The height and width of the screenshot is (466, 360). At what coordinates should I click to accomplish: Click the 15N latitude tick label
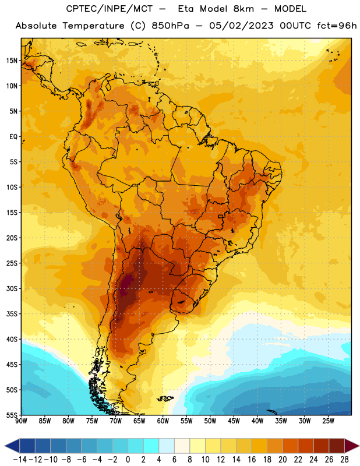(x=12, y=61)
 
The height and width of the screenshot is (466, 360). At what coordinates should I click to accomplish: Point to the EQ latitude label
(x=13, y=137)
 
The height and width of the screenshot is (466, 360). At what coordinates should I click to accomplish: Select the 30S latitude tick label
(x=12, y=288)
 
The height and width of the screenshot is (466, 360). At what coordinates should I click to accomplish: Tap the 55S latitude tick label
(x=12, y=415)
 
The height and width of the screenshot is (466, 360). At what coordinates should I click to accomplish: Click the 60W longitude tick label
(x=163, y=421)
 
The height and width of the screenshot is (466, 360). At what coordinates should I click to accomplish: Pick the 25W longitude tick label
(x=328, y=421)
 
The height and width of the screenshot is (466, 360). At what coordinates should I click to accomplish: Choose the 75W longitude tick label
(x=92, y=421)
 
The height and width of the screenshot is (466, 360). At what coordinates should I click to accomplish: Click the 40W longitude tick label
(x=257, y=421)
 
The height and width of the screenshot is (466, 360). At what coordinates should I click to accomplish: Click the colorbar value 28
(x=344, y=460)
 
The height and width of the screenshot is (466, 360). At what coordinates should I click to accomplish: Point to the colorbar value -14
(x=20, y=460)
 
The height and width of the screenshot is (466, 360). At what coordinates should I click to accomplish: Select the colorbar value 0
(x=128, y=460)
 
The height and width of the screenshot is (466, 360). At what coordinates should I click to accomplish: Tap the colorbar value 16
(x=252, y=460)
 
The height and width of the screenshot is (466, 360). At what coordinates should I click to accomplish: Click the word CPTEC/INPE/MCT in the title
(x=110, y=9)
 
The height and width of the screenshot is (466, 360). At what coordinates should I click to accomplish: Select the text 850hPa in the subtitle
(x=170, y=26)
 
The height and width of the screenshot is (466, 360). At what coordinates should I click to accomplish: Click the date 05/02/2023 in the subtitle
(x=241, y=26)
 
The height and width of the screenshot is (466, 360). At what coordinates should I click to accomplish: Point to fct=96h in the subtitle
(x=337, y=26)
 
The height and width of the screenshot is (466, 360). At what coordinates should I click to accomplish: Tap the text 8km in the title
(x=243, y=9)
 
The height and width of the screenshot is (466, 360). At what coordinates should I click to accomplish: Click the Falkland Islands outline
(x=165, y=398)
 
